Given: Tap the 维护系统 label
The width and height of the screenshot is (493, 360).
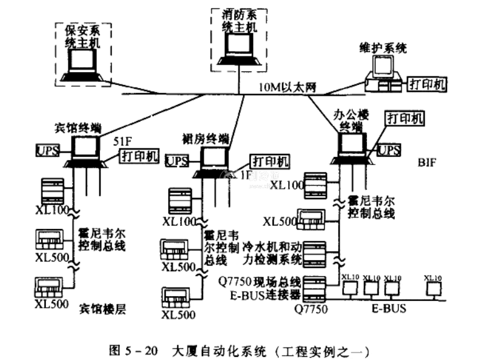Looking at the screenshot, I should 382,47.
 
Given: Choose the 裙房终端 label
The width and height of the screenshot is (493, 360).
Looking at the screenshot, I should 206,137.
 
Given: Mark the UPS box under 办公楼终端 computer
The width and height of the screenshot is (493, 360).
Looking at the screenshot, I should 389,150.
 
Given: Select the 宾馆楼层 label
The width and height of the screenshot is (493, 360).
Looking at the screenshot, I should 102,308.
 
